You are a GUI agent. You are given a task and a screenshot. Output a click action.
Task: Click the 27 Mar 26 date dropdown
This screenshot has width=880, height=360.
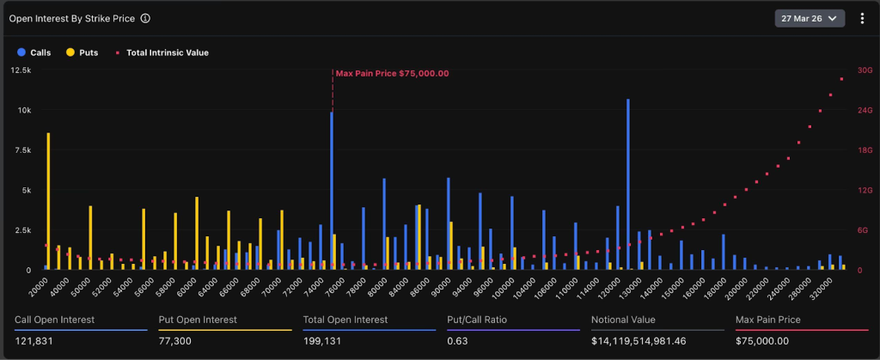(810, 18)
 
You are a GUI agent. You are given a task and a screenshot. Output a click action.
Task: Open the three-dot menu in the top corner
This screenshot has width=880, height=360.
(861, 18)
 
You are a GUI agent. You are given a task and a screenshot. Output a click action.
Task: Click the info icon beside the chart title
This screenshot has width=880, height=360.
(146, 18)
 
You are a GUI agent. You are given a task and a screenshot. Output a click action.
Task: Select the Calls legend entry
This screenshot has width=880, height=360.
(34, 52)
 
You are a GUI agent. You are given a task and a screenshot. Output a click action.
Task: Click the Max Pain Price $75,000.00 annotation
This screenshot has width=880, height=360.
(392, 73)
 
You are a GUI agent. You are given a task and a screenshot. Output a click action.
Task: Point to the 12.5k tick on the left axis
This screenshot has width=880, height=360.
(21, 70)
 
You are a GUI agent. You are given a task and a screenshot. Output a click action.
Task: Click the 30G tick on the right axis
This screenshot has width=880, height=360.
(864, 70)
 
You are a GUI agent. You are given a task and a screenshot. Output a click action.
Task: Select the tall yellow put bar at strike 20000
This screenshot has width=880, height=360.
(48, 202)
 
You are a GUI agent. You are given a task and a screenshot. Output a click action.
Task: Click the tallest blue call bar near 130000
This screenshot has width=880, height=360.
(628, 185)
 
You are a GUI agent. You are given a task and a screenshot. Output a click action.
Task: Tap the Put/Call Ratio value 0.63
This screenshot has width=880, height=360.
(457, 341)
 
